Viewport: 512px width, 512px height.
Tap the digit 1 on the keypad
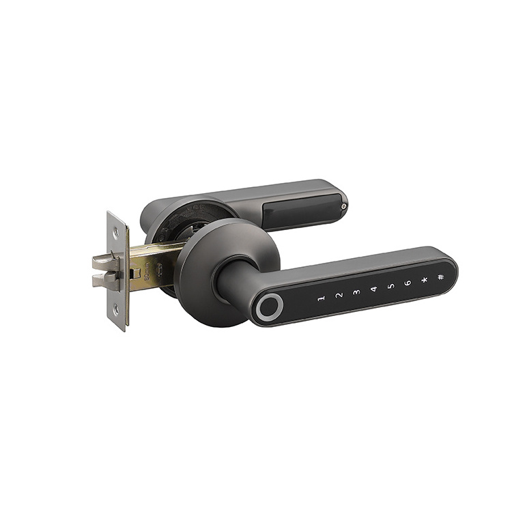click(x=321, y=299)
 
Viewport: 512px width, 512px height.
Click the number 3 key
click(x=356, y=293)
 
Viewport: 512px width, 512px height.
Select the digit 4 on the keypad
click(x=373, y=289)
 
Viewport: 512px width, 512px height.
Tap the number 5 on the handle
click(x=390, y=286)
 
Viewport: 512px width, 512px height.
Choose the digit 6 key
click(x=408, y=283)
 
